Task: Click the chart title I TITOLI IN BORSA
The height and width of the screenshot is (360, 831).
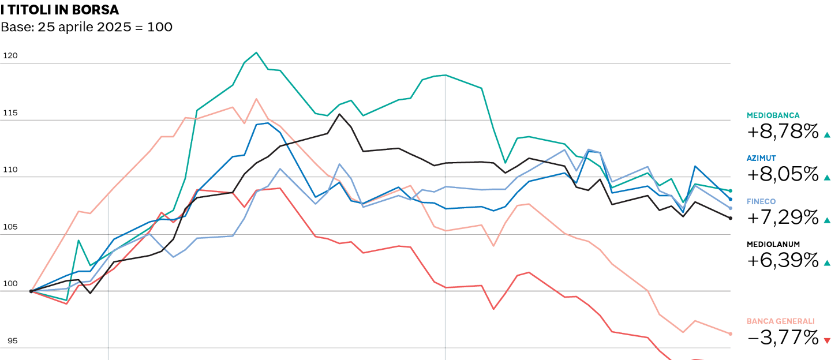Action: [x=60, y=9]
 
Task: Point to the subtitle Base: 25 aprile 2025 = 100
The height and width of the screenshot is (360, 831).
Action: [x=87, y=27]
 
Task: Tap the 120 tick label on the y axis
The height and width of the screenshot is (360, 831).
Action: [x=10, y=56]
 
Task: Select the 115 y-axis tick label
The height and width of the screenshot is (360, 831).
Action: [x=10, y=113]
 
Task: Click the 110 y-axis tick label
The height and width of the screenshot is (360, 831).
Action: [x=10, y=170]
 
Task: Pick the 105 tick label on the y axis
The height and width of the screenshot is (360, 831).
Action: [x=10, y=227]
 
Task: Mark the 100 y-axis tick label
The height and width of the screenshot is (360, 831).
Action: [x=10, y=284]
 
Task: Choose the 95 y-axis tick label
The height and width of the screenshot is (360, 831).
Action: [x=12, y=341]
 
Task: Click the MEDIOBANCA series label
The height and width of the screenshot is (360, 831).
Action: [x=773, y=115]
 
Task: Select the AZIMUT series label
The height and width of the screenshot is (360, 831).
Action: [x=761, y=157]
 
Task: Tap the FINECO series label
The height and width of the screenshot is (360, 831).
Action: [x=761, y=201]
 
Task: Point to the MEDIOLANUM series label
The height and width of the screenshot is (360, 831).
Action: [x=773, y=244]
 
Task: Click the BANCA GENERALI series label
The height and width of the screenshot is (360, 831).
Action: [x=780, y=321]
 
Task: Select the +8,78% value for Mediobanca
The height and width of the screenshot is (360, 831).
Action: [x=783, y=132]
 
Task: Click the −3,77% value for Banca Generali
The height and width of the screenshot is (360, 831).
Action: [x=783, y=337]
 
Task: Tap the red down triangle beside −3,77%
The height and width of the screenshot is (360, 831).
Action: [x=828, y=340]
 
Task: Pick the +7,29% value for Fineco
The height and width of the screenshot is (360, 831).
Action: [x=783, y=217]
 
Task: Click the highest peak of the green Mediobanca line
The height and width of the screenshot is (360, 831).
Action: [x=256, y=52]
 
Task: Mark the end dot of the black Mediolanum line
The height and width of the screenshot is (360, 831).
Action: [x=731, y=218]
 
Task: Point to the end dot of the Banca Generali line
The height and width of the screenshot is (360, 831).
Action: [x=731, y=334]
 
